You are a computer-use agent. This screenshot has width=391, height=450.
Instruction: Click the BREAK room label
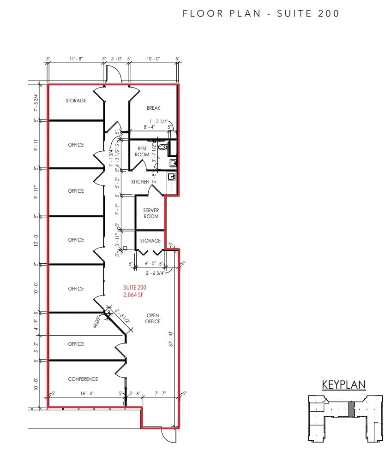[x=153, y=108]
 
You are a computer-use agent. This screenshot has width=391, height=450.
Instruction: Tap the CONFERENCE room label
[x=83, y=379]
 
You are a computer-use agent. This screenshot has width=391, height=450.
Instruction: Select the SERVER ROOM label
[x=150, y=213]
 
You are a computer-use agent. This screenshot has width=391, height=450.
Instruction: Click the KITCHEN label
[x=140, y=182]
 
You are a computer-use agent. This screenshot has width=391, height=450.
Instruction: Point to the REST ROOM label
[x=142, y=152]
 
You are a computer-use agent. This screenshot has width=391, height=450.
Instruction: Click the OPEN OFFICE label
[x=153, y=319]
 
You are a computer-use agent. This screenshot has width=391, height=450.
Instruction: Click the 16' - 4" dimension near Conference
[x=87, y=394]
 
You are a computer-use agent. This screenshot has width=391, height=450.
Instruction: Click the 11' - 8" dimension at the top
[x=76, y=59]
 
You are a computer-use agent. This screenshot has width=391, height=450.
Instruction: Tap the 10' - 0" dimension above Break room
[x=153, y=59]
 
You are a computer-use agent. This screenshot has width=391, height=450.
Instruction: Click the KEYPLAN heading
[x=343, y=385]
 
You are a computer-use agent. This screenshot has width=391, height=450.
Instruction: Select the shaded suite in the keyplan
[x=351, y=409]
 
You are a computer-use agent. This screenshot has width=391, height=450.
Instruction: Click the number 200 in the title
[x=328, y=13]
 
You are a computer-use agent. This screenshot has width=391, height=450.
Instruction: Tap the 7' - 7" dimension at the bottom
[x=160, y=394]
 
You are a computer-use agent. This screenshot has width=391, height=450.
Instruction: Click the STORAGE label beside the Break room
[x=76, y=101]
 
